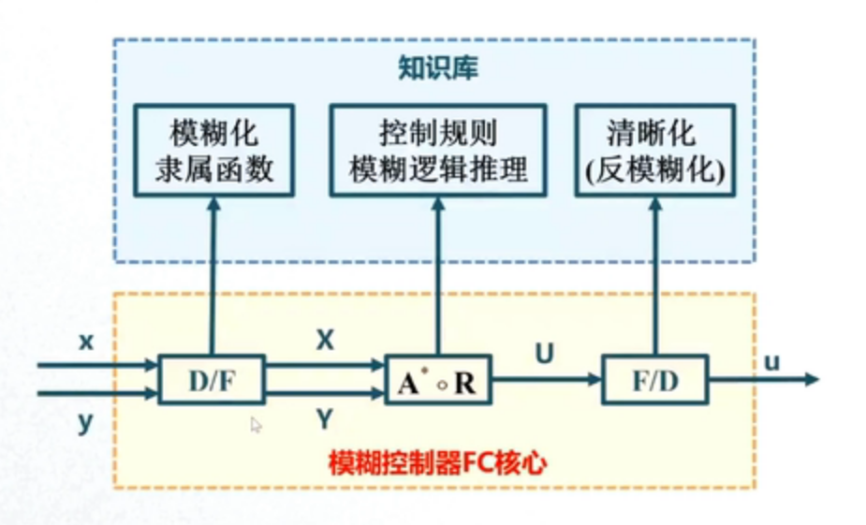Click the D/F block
[212, 380]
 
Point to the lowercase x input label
[86, 343]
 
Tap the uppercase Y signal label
[325, 420]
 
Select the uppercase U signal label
[544, 354]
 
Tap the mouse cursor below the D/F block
[256, 425]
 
